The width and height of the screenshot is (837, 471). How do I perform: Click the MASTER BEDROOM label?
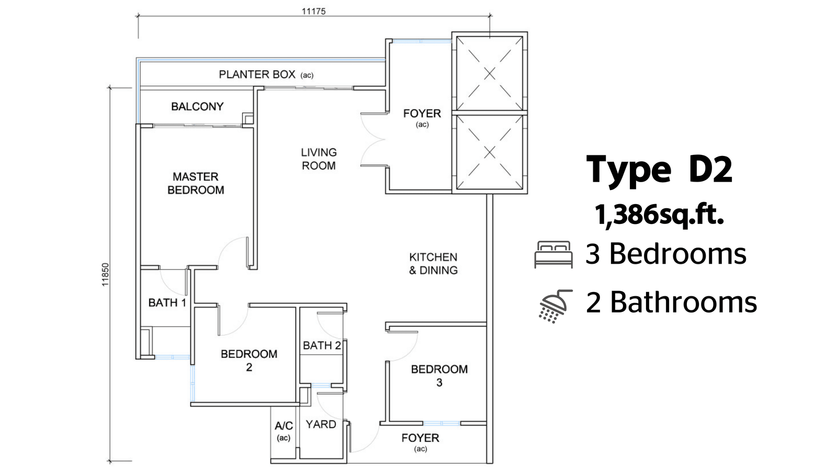(x=196, y=183)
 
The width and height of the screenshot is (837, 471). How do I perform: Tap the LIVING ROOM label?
(x=319, y=159)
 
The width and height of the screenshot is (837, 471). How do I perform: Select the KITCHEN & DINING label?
(x=434, y=264)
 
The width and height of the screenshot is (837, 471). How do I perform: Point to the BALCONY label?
(x=197, y=107)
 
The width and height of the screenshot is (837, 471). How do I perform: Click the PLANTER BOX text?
(x=257, y=74)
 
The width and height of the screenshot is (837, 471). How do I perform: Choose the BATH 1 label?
(x=167, y=302)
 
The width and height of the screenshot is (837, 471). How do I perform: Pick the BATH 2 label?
(x=322, y=345)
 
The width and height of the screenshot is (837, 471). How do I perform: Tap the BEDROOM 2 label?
(x=249, y=361)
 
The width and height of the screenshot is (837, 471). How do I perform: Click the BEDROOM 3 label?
(x=439, y=376)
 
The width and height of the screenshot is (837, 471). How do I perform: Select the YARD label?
(x=321, y=424)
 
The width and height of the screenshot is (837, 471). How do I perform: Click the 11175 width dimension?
(x=314, y=11)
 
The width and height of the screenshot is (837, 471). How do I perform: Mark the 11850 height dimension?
(x=105, y=275)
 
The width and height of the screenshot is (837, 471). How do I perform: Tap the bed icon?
(x=553, y=254)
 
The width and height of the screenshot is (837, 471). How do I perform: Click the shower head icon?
(x=556, y=306)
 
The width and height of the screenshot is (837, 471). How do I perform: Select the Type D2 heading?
(x=659, y=170)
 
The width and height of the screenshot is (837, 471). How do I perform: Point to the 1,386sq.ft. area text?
(x=660, y=215)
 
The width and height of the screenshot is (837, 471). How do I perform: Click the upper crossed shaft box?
(x=490, y=73)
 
